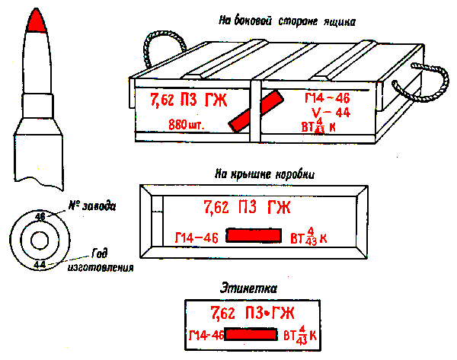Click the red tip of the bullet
coord(36,22)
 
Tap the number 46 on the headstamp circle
coord(40,217)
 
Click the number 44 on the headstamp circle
coord(40,264)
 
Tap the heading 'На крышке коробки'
coord(265,174)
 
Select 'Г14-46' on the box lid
coord(197,237)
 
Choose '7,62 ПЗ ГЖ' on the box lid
coord(247,206)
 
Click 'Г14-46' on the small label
coord(206,335)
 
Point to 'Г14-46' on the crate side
coord(327,99)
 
